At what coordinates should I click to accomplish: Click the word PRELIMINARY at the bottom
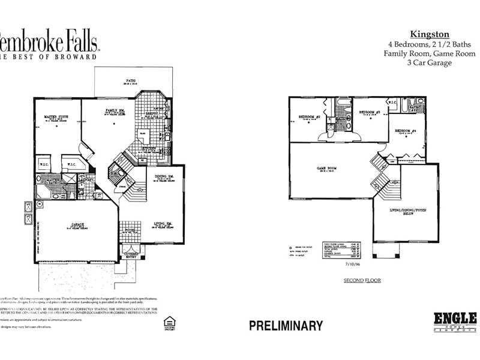click(286, 326)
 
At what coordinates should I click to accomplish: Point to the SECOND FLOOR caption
click(362, 280)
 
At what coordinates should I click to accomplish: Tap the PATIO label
click(130, 79)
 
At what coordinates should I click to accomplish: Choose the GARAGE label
click(78, 224)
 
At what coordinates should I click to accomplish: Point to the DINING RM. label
click(163, 176)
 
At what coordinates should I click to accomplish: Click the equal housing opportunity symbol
click(168, 324)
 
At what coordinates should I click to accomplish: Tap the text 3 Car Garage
click(429, 62)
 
